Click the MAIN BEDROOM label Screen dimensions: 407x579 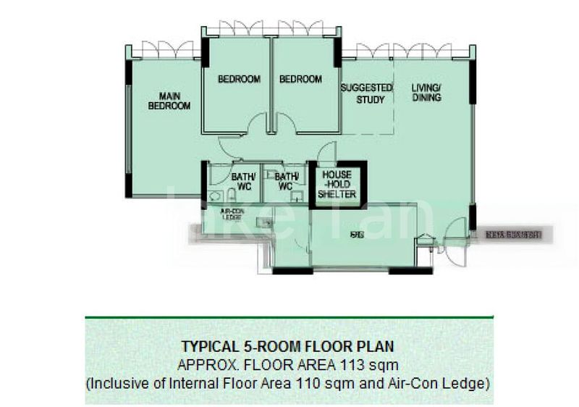point(169,101)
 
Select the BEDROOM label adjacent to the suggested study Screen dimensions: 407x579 point(300,79)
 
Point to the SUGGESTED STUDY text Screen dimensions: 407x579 point(366,93)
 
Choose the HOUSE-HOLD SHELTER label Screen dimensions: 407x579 point(337,185)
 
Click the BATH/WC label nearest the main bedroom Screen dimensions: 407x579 point(242,181)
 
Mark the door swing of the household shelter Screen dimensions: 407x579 point(327,152)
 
